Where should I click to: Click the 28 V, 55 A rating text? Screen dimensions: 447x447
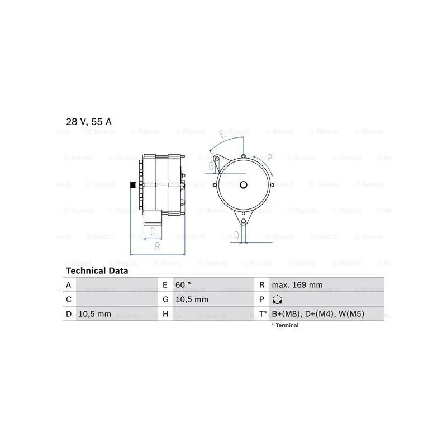tap(89, 122)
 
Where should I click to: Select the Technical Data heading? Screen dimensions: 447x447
tap(97, 270)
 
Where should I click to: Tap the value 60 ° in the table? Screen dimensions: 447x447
tap(183, 285)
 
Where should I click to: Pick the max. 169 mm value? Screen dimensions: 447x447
tap(297, 285)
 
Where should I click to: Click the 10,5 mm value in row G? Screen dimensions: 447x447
tap(192, 299)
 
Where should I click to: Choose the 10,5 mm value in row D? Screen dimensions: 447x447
tap(94, 314)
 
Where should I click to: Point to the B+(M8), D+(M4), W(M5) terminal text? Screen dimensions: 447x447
tap(318, 314)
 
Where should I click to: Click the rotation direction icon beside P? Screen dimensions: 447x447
tap(277, 299)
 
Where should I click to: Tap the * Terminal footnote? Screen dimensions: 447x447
tap(285, 325)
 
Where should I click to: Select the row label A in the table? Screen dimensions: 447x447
tap(68, 285)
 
